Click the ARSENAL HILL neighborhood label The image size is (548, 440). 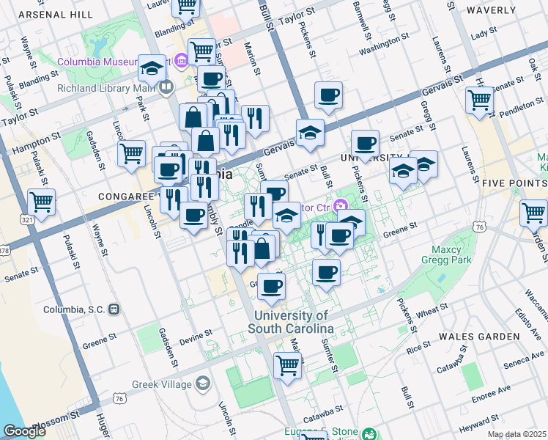click(54, 14)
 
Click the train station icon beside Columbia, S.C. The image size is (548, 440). click(114, 309)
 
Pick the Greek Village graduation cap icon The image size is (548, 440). click(202, 384)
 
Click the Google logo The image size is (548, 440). click(24, 431)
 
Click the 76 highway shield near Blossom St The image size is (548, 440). click(119, 398)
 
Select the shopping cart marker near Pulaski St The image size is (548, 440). click(42, 202)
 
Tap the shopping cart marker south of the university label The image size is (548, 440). click(288, 364)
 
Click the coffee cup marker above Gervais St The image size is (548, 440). click(328, 95)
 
